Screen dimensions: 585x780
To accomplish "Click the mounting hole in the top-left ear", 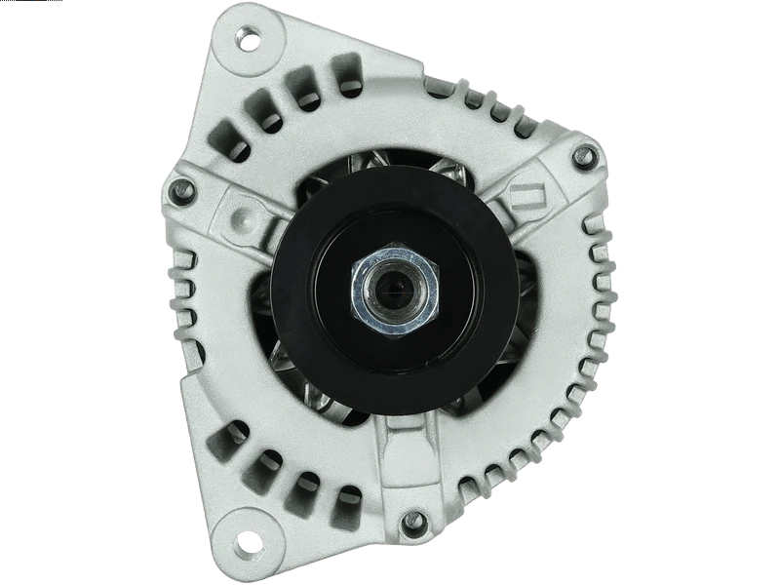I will click(249, 42).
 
